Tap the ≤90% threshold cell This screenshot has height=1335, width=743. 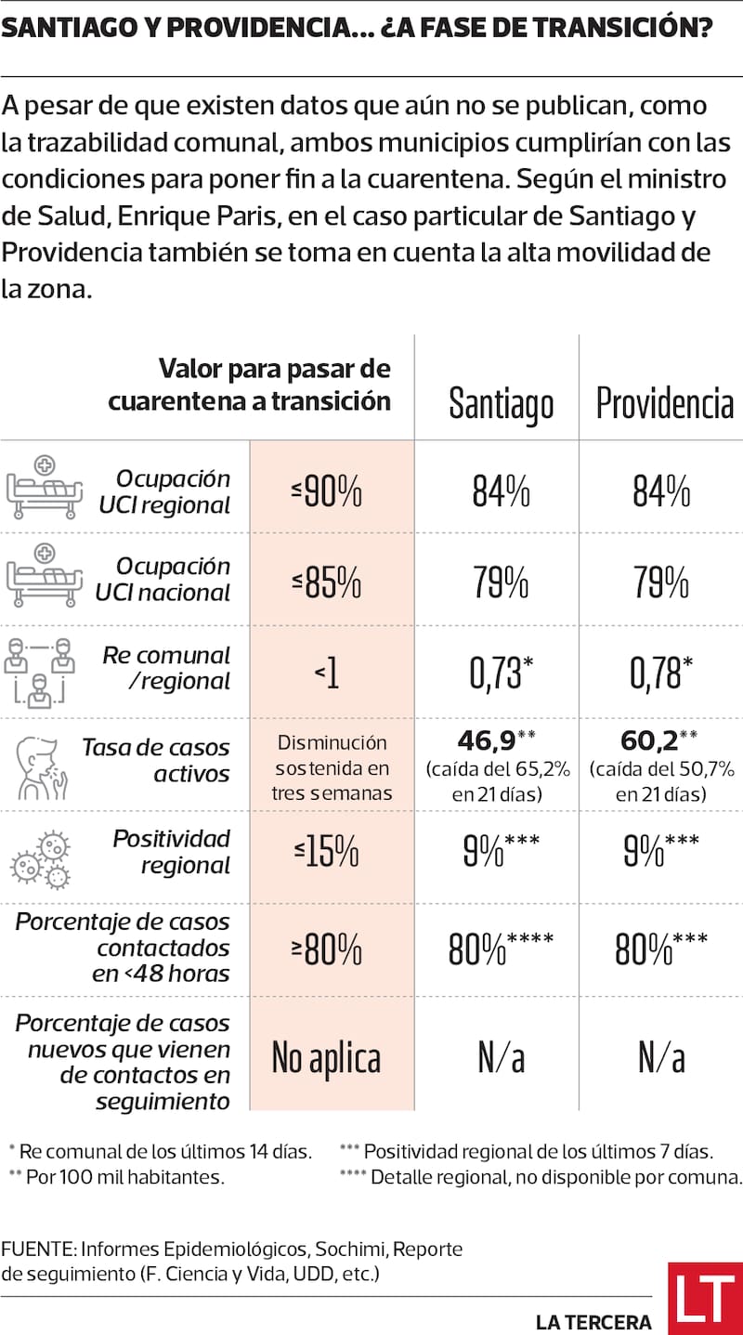point(326,491)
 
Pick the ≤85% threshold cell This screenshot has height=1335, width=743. point(326,582)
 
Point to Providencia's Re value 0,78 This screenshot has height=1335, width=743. point(658,674)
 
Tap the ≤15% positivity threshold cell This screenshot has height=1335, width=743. point(326,853)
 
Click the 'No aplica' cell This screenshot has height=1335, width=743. point(326,1057)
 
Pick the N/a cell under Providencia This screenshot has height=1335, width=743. point(661,1057)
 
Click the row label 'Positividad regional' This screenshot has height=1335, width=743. point(171,852)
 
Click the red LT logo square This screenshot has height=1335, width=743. point(705,1298)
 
